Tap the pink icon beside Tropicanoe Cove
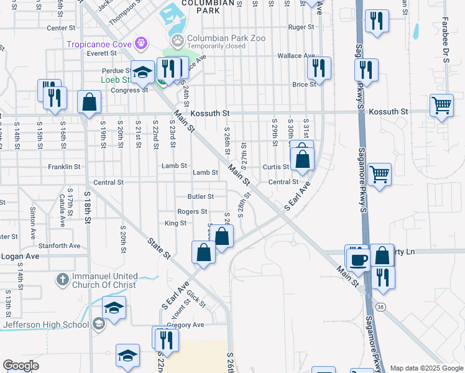tap(142, 43)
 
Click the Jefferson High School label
tap(46, 325)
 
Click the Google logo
tap(21, 366)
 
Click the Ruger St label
tap(301, 27)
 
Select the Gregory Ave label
tap(185, 325)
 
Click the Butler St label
tap(201, 196)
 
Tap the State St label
tap(159, 247)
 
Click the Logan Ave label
tap(20, 256)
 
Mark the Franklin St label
tap(64, 167)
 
